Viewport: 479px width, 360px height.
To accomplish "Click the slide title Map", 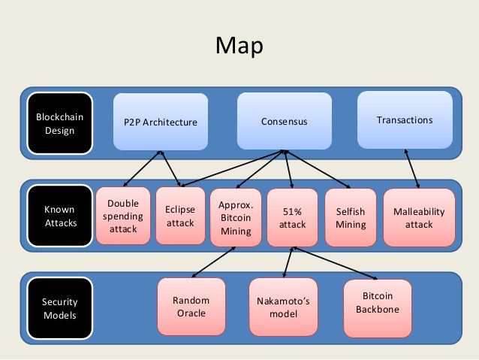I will point(239,47).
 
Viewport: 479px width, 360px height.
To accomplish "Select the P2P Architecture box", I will point(161,122).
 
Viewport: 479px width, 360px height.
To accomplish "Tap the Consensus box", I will point(284,121).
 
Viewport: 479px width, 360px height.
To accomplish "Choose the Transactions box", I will point(405,119).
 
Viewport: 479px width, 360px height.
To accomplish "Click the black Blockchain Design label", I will point(60,123).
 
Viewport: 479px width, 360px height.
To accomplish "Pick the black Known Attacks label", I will point(60,216).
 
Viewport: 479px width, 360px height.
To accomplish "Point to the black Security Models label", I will point(60,308).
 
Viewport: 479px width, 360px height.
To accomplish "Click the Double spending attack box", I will point(123,216).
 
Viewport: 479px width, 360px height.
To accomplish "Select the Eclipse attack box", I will point(180,216).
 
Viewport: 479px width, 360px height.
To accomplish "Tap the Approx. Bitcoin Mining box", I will point(236,218).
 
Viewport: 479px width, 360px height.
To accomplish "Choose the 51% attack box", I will point(292,218).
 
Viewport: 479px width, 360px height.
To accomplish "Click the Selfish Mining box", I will point(351,218).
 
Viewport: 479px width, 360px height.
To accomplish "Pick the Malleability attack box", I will point(419,218).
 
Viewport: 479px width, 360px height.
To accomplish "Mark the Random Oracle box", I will point(191,306).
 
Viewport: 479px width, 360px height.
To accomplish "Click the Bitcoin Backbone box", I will point(378,303).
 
